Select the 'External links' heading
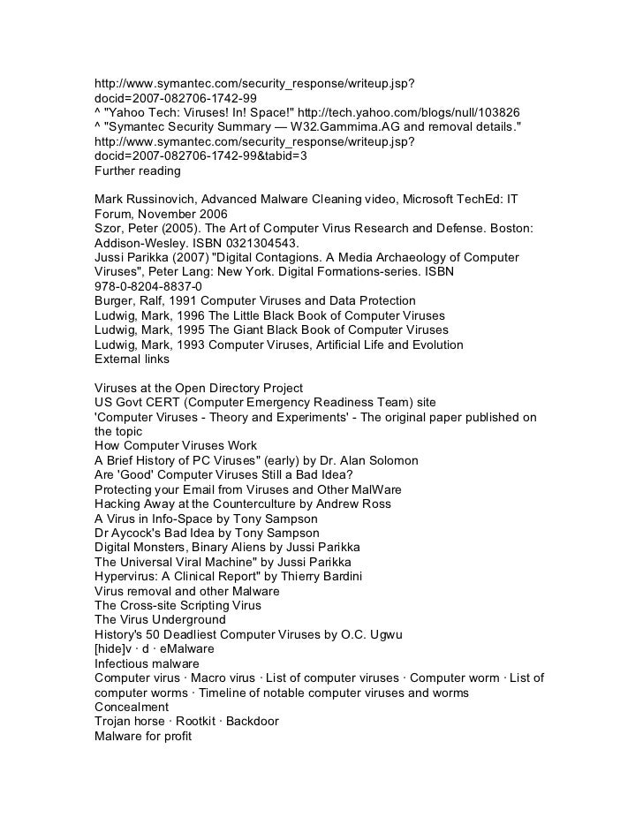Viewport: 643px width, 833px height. point(132,359)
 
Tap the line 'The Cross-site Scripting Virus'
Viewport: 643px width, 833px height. point(178,605)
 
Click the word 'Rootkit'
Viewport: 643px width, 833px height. point(194,721)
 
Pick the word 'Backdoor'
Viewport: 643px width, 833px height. point(252,721)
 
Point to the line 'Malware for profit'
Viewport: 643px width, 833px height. point(143,736)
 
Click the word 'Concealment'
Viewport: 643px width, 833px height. point(132,707)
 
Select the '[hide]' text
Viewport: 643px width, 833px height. point(110,648)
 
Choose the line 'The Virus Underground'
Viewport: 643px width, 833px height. point(160,619)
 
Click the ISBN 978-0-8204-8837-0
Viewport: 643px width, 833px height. point(148,286)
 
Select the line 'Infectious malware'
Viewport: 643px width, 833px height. point(147,663)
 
